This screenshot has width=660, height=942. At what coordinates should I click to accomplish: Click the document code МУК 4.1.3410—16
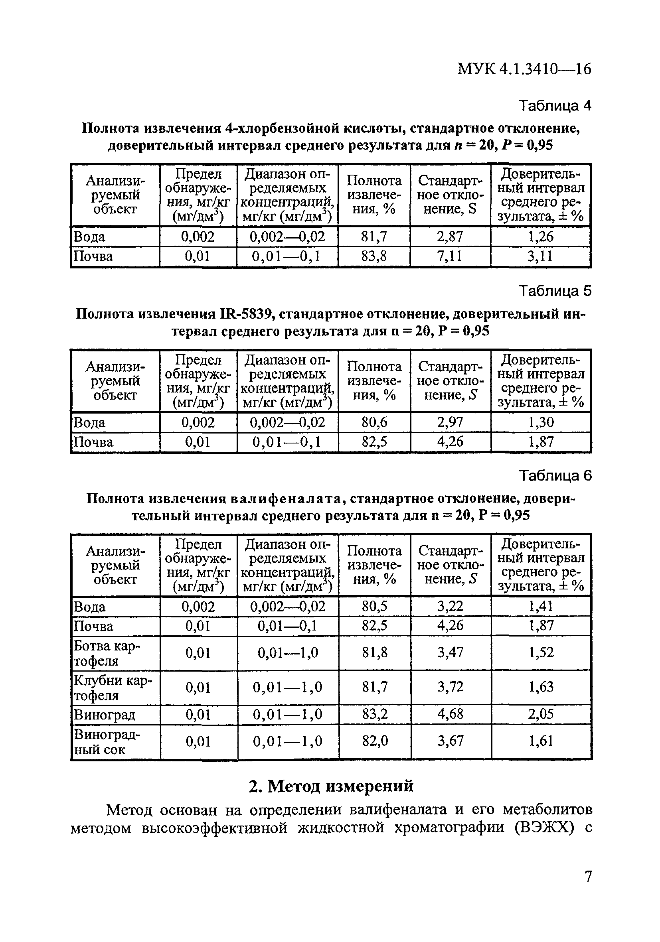(524, 69)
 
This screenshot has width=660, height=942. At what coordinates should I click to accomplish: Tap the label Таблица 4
(555, 106)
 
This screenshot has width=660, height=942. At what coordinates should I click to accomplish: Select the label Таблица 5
(555, 291)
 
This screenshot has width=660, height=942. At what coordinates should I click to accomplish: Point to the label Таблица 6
(555, 475)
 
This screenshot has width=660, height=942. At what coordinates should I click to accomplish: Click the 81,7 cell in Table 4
(374, 237)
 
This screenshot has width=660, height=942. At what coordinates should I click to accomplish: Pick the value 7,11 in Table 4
(450, 256)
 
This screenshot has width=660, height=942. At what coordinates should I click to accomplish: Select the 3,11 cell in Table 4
(541, 256)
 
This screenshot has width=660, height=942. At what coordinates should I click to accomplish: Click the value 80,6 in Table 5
(374, 422)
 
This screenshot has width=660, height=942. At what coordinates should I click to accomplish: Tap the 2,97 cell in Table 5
(450, 422)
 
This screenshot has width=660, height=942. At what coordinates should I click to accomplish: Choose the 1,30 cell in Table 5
(541, 422)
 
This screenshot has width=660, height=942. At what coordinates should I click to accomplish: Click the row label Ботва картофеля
(107, 653)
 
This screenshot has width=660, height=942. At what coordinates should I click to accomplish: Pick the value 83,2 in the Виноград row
(374, 714)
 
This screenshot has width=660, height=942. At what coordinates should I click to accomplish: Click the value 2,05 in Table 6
(541, 714)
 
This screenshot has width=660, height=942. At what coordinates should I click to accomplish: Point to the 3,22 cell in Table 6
(450, 606)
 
